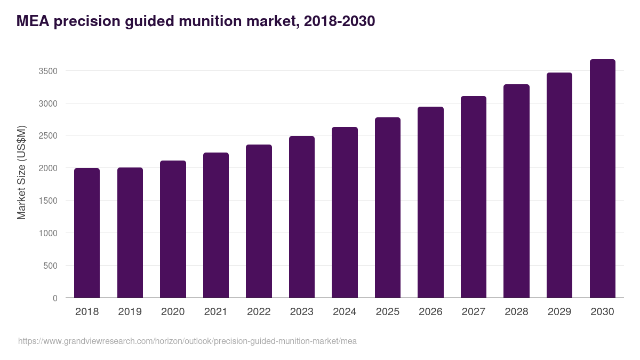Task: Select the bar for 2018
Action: click(x=87, y=233)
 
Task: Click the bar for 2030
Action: click(x=602, y=179)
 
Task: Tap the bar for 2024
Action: click(x=345, y=212)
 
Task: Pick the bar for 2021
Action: click(x=216, y=225)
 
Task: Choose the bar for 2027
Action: click(x=474, y=197)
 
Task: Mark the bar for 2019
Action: click(x=130, y=233)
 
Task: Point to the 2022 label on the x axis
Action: click(x=259, y=312)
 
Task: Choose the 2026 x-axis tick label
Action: click(x=430, y=312)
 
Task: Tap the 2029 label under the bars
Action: click(x=559, y=312)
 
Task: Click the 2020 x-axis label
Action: click(x=173, y=312)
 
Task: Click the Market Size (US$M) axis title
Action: click(x=21, y=172)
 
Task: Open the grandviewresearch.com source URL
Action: click(x=187, y=341)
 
